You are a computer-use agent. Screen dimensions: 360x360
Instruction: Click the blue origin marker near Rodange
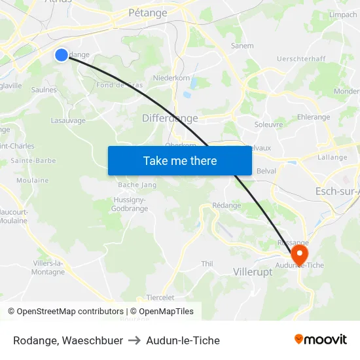(61, 55)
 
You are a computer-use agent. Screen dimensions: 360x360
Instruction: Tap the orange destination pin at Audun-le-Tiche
(299, 254)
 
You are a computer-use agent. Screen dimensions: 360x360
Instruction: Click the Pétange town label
(148, 12)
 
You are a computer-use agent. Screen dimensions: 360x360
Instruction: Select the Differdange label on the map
(170, 118)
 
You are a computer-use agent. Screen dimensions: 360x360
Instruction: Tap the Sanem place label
(242, 46)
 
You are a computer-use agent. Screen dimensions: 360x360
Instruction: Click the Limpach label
(344, 14)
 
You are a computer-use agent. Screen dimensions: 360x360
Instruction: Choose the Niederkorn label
(171, 77)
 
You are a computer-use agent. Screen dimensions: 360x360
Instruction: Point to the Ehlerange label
(314, 117)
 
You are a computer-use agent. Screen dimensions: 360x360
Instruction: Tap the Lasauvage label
(68, 120)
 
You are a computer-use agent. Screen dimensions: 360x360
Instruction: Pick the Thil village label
(207, 264)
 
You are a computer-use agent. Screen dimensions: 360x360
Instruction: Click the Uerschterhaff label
(301, 59)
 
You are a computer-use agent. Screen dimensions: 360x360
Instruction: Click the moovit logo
(320, 340)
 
